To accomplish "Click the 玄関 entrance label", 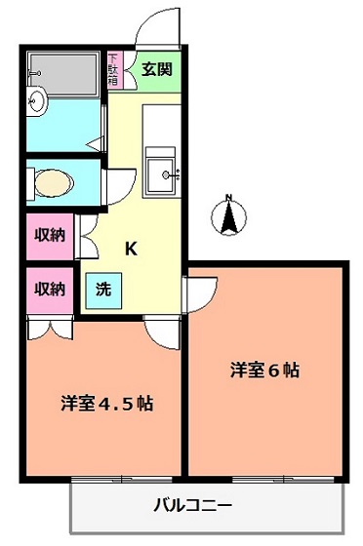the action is point(157,69).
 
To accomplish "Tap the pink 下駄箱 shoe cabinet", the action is point(115,70).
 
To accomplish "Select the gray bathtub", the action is point(63,73).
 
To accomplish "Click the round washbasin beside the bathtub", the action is point(37,101).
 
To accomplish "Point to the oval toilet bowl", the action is point(54,183).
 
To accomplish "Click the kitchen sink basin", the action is point(160,175).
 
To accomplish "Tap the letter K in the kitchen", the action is point(131,249).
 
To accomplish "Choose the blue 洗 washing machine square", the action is point(103,291).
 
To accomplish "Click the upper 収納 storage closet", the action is point(50,236).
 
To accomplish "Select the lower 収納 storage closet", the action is point(50,290).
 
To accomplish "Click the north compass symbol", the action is point(229,216).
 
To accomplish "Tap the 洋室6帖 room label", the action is point(264,370).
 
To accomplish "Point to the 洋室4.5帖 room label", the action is point(107,403).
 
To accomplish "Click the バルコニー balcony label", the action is point(192,504).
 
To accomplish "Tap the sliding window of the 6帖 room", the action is point(284,480).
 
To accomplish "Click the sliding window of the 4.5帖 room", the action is point(122,480).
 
